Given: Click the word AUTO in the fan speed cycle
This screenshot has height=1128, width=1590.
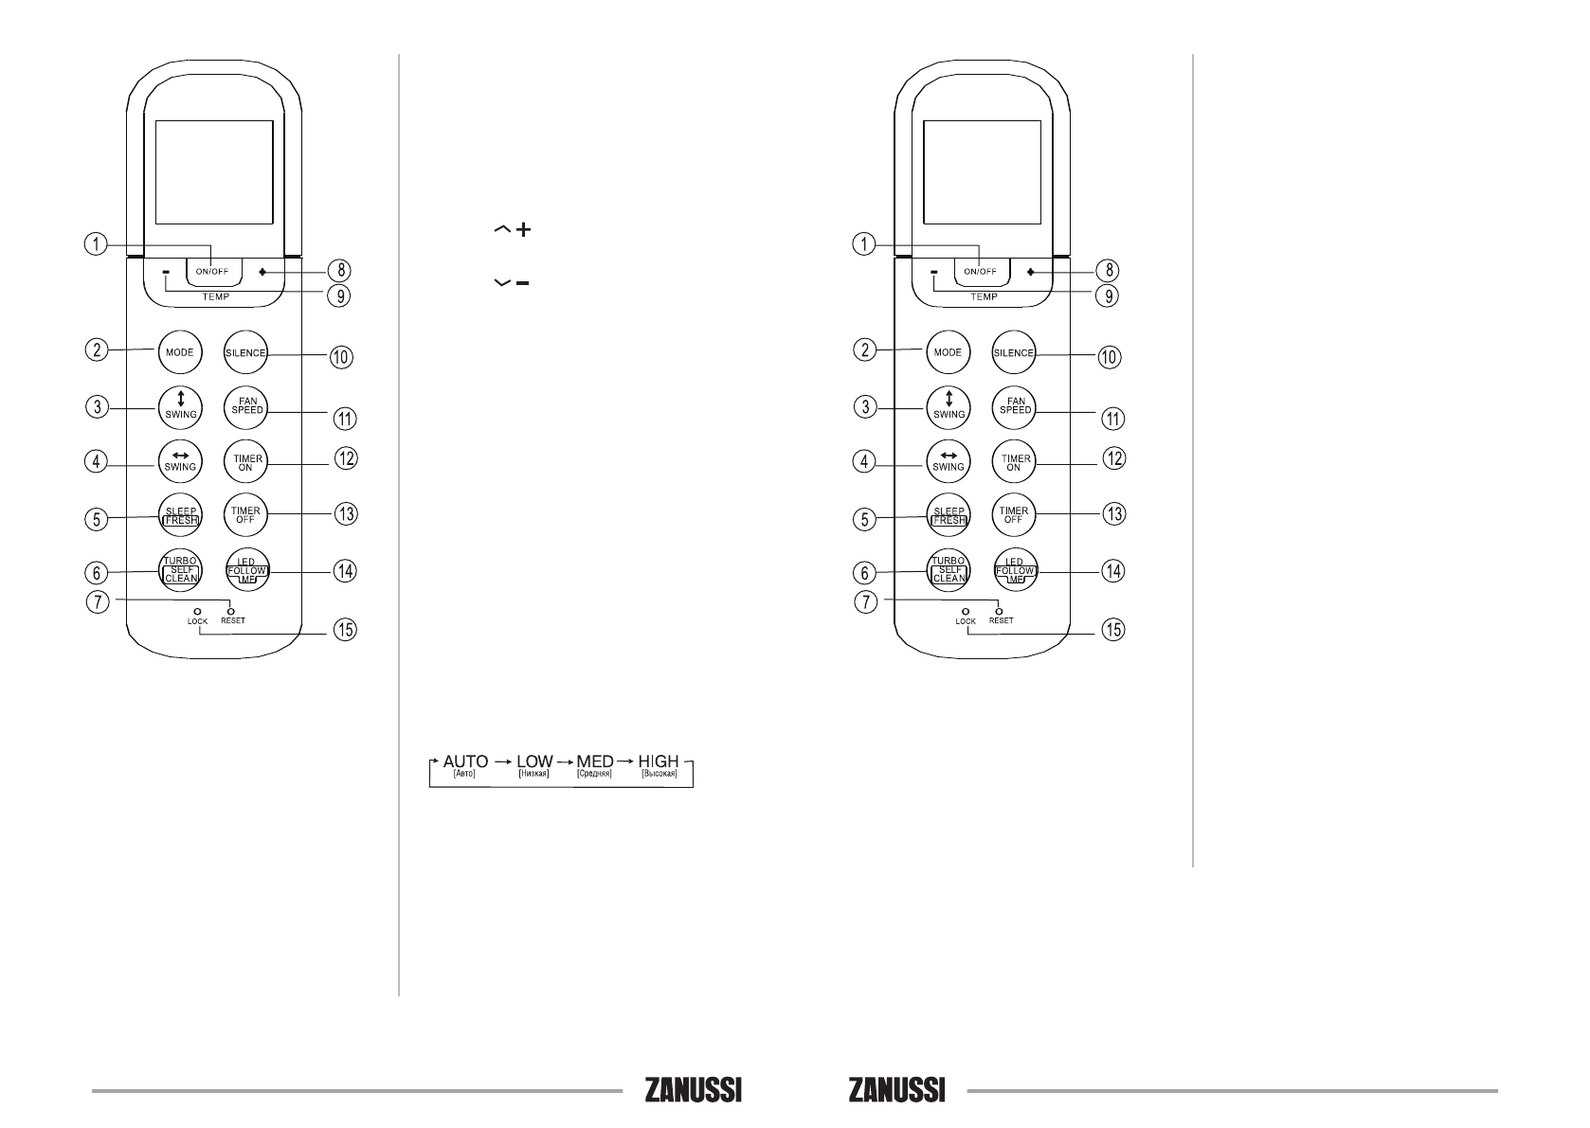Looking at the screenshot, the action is (x=464, y=761).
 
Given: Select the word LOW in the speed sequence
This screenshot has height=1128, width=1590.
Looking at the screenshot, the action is (x=534, y=761).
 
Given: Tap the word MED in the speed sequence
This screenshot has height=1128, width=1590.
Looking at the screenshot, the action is (x=594, y=761).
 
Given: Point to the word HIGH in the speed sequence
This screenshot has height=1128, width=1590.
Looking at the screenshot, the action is (x=659, y=761).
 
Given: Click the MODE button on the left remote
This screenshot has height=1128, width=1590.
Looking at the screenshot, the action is (x=179, y=352).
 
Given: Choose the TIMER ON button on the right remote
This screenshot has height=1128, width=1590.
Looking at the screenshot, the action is (x=1014, y=462).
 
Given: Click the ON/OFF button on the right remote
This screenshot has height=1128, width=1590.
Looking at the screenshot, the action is (x=980, y=271).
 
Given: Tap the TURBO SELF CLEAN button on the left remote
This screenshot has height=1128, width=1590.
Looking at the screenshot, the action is (x=179, y=569).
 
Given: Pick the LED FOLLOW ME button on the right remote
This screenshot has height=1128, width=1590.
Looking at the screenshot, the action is (x=1014, y=571).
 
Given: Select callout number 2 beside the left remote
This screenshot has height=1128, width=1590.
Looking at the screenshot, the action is (x=94, y=349).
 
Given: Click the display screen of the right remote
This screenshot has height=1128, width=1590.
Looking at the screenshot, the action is (x=981, y=171).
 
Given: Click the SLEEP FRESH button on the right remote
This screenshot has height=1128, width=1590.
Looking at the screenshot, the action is (x=948, y=515).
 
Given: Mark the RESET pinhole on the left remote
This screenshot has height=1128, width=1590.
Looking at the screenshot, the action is (x=229, y=611).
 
